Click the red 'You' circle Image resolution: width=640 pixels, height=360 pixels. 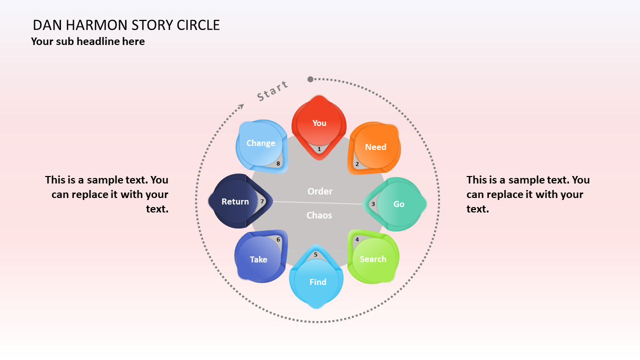pos(319,123)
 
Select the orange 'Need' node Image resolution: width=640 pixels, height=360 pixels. pos(375,147)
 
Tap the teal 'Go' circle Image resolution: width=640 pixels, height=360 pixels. pos(398,204)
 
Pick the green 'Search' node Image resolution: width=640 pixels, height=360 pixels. pos(373,259)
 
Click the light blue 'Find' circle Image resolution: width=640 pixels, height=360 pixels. pos(317,282)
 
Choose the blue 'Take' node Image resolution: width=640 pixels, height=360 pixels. pos(258,259)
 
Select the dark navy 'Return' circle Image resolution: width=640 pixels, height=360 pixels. pos(235,201)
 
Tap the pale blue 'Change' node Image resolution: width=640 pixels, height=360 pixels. pos(260,143)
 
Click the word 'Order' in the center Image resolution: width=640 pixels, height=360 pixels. pos(320,191)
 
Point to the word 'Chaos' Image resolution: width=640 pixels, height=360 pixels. pos(319,215)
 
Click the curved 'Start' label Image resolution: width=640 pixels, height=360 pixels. pos(272,90)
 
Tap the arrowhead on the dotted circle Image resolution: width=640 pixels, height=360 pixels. pos(241,106)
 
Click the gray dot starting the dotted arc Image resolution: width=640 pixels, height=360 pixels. pos(310,79)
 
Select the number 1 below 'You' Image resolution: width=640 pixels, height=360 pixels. pos(319,149)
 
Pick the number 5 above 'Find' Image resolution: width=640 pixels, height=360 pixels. pos(315,254)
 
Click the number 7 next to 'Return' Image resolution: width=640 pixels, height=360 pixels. pos(262,201)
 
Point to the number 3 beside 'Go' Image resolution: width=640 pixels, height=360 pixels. pos(373,204)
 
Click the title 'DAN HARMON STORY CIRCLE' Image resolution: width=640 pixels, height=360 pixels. pos(126,25)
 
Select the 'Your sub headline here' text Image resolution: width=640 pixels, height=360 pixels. pos(88,41)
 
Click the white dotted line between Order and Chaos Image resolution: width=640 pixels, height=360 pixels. pos(317,202)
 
